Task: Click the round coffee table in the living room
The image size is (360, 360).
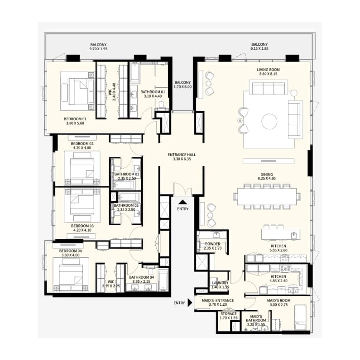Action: (269, 122)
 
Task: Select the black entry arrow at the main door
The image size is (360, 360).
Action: (183, 202)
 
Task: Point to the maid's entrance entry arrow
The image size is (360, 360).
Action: (190, 303)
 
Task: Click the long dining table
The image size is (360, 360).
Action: (267, 197)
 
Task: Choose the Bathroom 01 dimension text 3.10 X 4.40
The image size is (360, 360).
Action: (153, 96)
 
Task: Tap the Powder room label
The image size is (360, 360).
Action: (213, 244)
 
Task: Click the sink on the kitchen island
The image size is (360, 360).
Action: (293, 235)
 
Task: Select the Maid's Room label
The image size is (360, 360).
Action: (278, 301)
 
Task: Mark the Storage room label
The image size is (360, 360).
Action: (229, 314)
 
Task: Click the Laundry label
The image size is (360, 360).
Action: (220, 283)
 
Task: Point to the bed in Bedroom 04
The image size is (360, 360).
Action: (71, 275)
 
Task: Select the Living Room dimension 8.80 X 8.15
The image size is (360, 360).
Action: (268, 74)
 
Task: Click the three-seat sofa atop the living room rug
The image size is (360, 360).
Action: (269, 87)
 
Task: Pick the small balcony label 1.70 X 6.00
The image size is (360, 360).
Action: (183, 87)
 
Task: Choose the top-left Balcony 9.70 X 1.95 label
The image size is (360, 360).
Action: (98, 47)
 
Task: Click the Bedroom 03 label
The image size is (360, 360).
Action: (82, 226)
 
